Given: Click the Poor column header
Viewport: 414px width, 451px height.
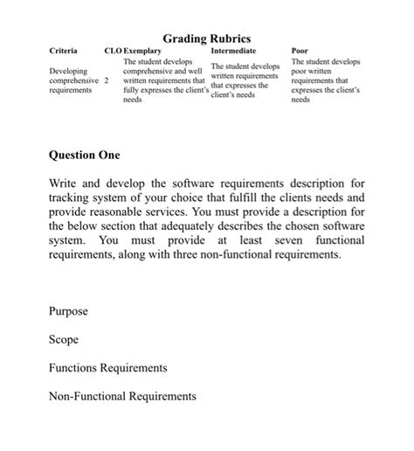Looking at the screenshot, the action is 300,52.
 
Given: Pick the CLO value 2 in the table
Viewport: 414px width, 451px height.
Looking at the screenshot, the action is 107,80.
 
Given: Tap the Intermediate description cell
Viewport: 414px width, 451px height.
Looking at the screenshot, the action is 245,80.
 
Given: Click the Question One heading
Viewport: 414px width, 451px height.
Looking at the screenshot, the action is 85,155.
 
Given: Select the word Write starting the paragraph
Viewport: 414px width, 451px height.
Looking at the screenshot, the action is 65,184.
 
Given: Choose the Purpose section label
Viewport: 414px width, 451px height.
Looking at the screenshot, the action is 68,311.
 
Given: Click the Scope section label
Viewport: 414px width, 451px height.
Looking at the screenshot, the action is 64,339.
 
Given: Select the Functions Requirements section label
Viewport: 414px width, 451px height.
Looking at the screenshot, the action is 107,368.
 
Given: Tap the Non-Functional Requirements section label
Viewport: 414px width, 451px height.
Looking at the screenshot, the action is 122,396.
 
